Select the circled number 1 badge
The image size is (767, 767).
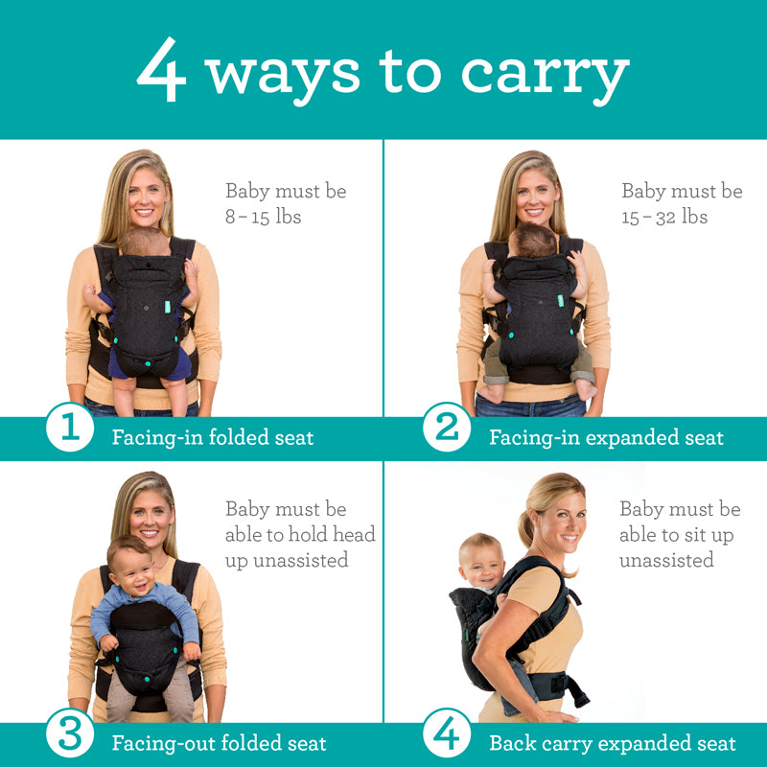[70, 428]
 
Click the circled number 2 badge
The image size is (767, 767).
[447, 428]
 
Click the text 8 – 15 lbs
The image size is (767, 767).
[263, 217]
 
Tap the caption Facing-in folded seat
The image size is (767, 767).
[213, 438]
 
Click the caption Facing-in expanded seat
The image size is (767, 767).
[606, 438]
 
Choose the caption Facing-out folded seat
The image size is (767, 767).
[219, 743]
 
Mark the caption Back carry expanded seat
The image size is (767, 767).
[613, 743]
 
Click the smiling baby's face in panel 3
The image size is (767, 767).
[130, 565]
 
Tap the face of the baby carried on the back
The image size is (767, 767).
[482, 562]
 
